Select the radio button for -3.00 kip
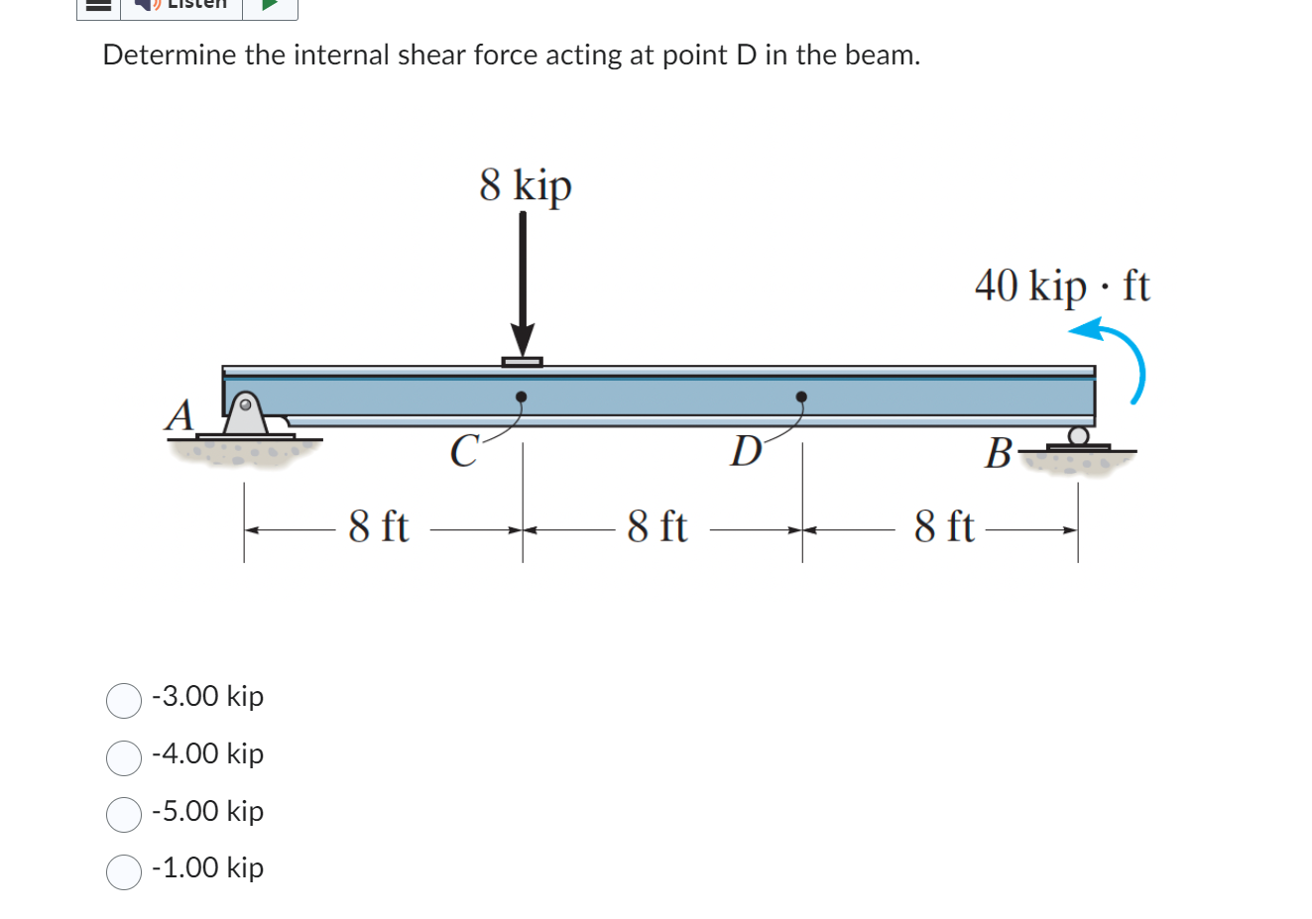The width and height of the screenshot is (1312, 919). pos(124,700)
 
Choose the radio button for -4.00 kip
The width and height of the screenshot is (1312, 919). pos(124,757)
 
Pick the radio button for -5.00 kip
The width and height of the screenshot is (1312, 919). pos(124,815)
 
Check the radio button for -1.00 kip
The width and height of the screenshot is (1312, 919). pos(124,871)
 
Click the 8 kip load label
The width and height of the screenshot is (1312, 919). pos(525,185)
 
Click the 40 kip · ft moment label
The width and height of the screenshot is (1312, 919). pos(1061,287)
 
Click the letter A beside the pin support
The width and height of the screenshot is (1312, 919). pos(179,414)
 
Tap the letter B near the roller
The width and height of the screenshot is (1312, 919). pos(997,454)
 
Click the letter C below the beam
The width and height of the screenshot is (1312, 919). pos(462,451)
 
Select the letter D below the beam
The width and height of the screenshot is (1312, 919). pos(745,451)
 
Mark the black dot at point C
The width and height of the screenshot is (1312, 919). pos(521,398)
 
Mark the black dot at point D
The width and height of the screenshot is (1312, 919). pos(801,398)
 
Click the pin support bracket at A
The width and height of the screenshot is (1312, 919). pos(245,413)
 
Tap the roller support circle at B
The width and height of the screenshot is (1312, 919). pos(1078,435)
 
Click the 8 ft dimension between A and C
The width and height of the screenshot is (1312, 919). pos(378,526)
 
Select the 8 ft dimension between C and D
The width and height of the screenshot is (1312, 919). pos(656,526)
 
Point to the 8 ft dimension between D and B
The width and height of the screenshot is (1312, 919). pos(943,526)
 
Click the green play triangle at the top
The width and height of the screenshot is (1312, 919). pos(269,4)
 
